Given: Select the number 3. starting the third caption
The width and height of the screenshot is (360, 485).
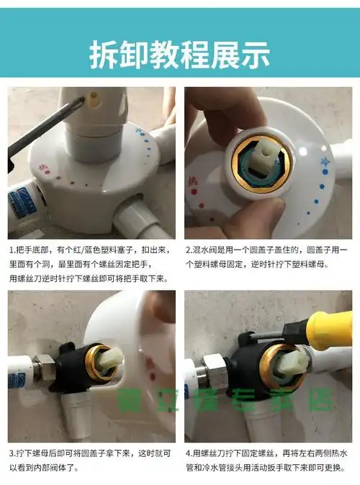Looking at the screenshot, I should click(13, 455).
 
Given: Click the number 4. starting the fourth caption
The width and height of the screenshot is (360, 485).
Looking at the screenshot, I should click(189, 455).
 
